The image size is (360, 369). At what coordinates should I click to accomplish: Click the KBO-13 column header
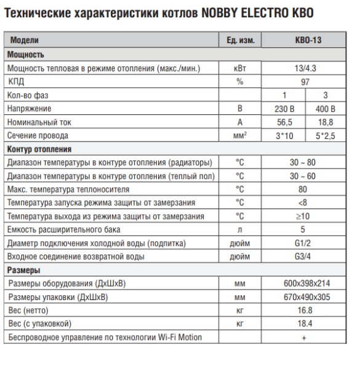(305, 41)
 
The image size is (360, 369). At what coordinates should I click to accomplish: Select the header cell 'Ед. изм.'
(240, 41)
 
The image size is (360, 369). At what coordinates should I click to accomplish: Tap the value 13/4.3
(305, 68)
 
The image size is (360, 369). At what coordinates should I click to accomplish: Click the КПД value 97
(305, 81)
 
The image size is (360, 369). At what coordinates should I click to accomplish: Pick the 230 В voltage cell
(284, 108)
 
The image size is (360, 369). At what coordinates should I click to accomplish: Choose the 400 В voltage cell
(326, 108)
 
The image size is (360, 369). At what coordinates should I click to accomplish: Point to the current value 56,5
(284, 122)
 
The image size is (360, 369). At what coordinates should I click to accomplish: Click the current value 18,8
(326, 122)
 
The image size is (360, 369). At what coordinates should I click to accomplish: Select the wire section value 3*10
(284, 135)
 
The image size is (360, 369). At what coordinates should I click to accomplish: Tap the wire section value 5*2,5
(326, 135)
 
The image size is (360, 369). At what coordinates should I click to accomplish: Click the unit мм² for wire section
(240, 135)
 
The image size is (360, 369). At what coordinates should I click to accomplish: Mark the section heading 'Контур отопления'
(39, 149)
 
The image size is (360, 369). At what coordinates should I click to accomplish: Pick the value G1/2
(305, 243)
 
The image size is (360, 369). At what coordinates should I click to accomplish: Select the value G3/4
(305, 256)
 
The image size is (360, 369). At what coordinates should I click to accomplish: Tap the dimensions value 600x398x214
(305, 284)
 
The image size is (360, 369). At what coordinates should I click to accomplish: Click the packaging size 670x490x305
(305, 297)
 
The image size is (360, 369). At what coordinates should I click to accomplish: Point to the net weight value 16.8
(305, 311)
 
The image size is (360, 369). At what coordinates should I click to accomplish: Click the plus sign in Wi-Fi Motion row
(305, 338)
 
